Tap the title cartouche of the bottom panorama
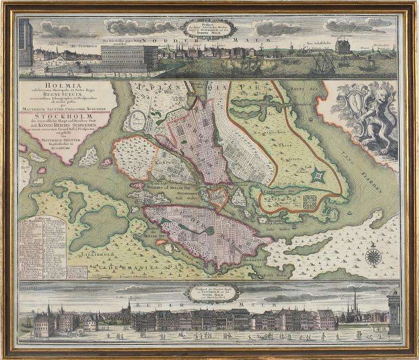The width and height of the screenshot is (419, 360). coord(211,293)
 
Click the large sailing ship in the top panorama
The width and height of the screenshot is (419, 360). coord(325,64)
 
